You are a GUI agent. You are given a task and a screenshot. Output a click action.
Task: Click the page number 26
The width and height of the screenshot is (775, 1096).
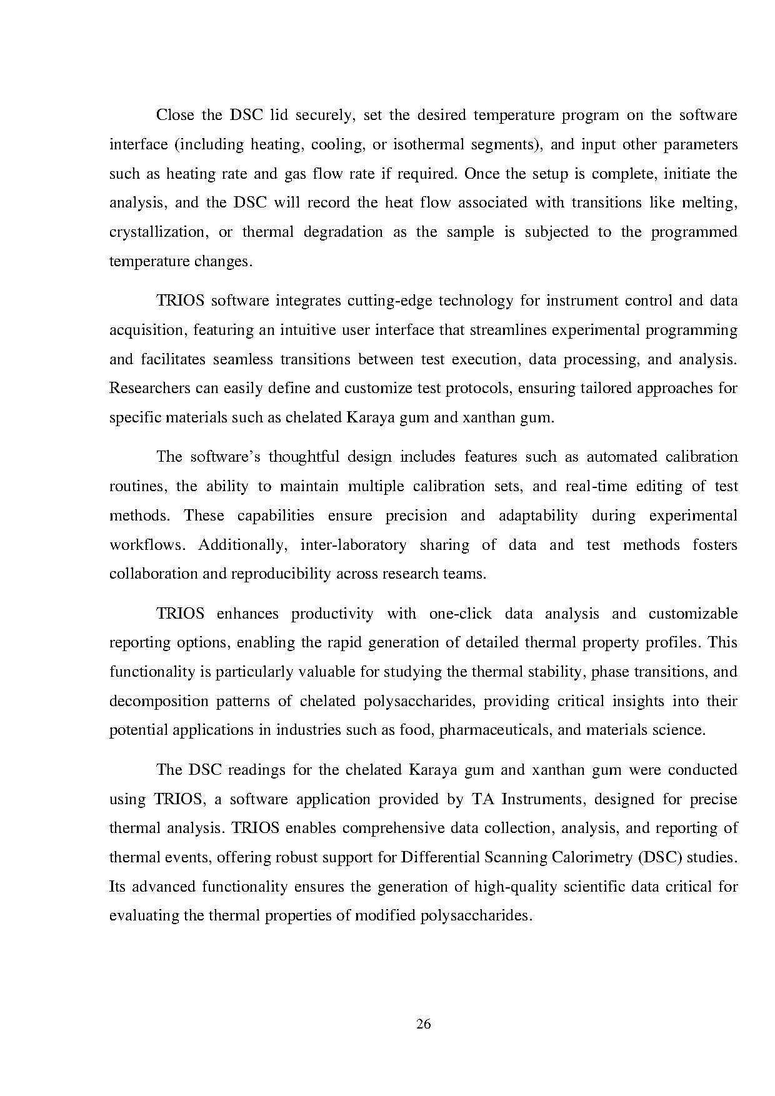424,1024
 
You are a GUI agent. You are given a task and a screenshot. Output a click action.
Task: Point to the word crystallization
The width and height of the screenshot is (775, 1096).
158,232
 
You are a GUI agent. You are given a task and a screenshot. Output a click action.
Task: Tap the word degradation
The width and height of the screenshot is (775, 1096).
343,232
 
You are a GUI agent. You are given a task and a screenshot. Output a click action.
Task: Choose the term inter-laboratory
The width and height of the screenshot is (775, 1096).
353,546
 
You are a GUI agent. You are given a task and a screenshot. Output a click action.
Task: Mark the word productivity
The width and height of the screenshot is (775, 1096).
332,614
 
